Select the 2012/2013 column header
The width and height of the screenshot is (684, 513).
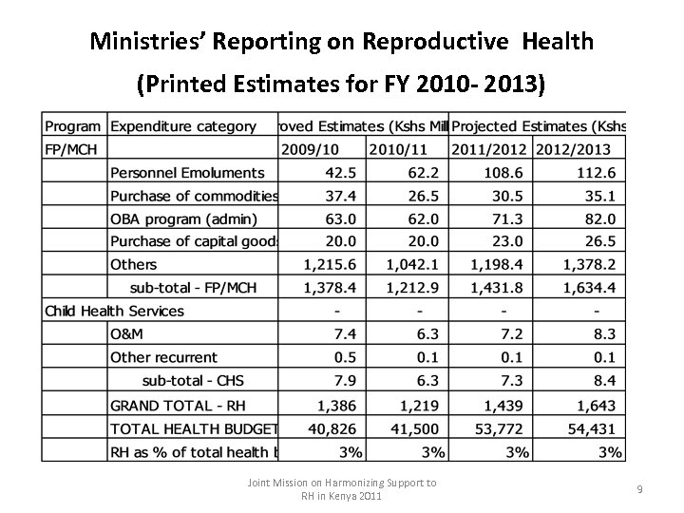tap(573, 149)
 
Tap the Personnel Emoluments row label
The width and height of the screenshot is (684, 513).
tap(187, 173)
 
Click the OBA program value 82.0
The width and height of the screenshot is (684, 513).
tap(598, 218)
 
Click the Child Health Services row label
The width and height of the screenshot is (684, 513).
tap(114, 311)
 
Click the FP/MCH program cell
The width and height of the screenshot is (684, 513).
tap(71, 149)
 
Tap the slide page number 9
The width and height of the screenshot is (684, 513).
tap(639, 488)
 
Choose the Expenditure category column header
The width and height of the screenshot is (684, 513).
tap(183, 126)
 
